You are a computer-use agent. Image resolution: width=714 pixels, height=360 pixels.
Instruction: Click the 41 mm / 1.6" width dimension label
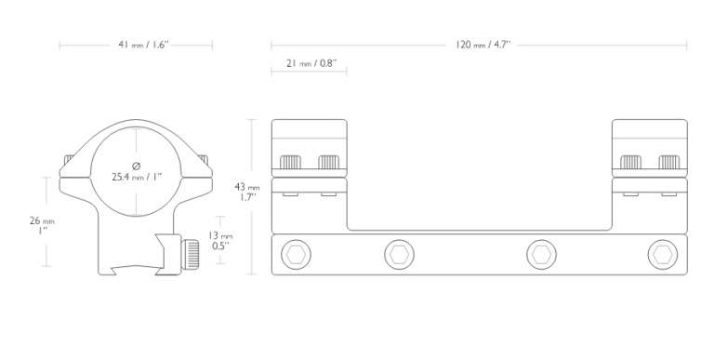[x=143, y=45]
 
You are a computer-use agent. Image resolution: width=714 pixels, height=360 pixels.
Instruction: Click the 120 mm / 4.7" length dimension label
[x=483, y=45]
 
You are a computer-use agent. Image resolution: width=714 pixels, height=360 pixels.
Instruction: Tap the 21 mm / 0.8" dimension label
[x=311, y=63]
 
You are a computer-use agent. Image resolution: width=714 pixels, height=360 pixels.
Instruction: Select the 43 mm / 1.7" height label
[x=247, y=192]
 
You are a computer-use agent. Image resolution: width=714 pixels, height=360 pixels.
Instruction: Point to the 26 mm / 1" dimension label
[x=42, y=225]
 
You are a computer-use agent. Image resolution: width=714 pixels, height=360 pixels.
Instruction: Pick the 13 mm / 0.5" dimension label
[x=220, y=241]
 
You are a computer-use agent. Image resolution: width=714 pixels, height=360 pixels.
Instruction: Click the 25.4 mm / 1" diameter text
[x=137, y=177]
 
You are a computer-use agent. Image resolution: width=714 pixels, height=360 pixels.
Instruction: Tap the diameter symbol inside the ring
[x=136, y=166]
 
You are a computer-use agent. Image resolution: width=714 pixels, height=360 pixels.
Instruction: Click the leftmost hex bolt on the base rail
[x=296, y=254]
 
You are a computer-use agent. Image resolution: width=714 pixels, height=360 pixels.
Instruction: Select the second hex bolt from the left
[x=400, y=254]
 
